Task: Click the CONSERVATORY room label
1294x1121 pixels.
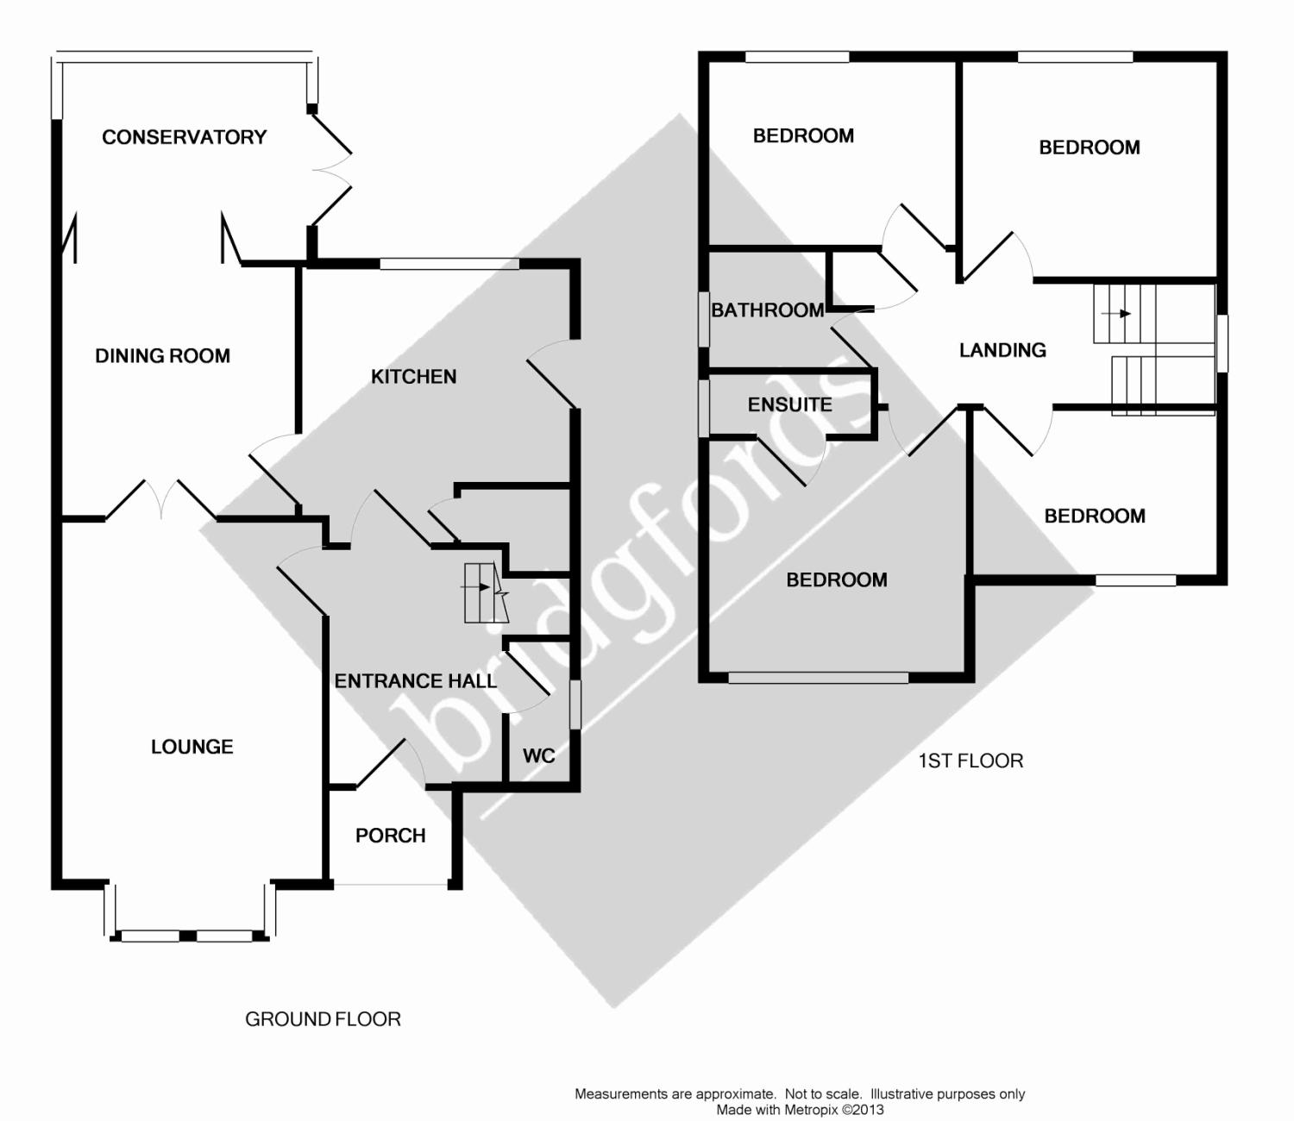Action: coord(184,137)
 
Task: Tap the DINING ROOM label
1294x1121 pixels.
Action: coord(162,356)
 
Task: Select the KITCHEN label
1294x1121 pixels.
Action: coord(413,377)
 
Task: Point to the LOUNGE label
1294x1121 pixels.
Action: coord(192,747)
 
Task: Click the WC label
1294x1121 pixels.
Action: coord(538,756)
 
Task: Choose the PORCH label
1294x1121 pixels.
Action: coord(390,836)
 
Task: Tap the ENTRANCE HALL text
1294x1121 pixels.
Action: coord(415,681)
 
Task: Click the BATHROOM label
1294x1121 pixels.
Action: coord(767,310)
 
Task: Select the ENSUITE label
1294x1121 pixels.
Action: coord(789,404)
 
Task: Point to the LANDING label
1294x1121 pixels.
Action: coord(1002,350)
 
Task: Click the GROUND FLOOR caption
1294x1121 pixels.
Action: coord(323,1019)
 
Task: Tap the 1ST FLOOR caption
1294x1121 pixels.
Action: coord(970,761)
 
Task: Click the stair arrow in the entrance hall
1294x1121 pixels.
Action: coord(476,587)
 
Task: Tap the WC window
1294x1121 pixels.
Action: coord(575,705)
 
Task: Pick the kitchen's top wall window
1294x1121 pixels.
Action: coord(449,264)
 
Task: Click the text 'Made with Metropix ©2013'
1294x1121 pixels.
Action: coord(799,1110)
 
